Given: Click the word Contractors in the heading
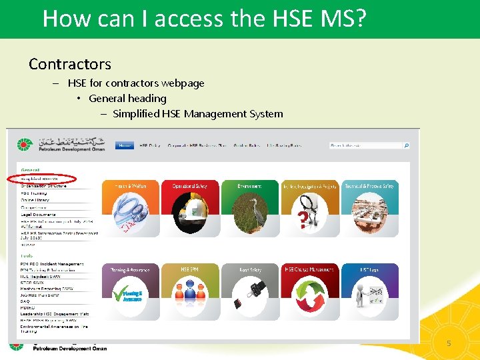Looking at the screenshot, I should tap(70, 64).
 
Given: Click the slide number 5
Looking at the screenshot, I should tap(449, 343).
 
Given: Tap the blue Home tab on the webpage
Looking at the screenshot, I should tap(125, 145).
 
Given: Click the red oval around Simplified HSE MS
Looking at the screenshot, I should tap(41, 179).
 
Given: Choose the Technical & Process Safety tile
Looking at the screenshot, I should tap(369, 207).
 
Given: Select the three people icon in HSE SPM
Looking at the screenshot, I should tap(189, 293).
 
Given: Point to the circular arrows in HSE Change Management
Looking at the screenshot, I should tap(309, 293).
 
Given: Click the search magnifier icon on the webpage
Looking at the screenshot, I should tap(407, 145).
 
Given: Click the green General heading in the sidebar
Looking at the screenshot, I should tap(30, 170).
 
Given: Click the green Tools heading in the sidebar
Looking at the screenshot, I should tap(27, 256).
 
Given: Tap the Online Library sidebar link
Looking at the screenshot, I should tap(37, 200).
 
